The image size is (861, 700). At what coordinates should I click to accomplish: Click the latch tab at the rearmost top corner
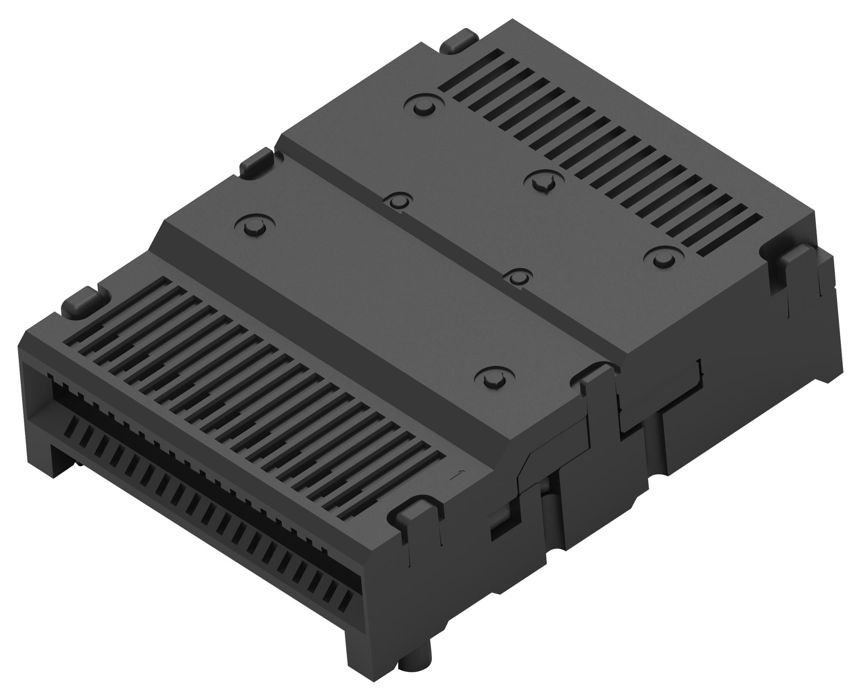(460, 40)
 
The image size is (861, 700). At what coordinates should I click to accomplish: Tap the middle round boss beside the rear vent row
(544, 181)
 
